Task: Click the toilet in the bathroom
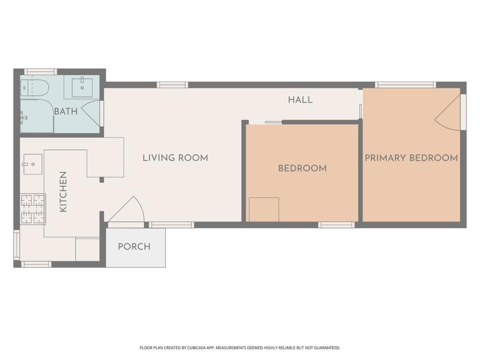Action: pyautogui.click(x=36, y=88)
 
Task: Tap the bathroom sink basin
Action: pyautogui.click(x=82, y=88)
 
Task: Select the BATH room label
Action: pyautogui.click(x=66, y=112)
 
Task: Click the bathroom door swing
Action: pyautogui.click(x=92, y=113)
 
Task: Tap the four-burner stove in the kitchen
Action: pyautogui.click(x=33, y=209)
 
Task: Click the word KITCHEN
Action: pyautogui.click(x=63, y=192)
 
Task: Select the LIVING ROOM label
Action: pyautogui.click(x=175, y=158)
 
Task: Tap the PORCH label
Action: pyautogui.click(x=134, y=247)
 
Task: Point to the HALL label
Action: pyautogui.click(x=300, y=100)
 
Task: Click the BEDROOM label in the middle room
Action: pyautogui.click(x=302, y=168)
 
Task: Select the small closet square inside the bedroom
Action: pyautogui.click(x=264, y=210)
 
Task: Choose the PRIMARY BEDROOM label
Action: pyautogui.click(x=411, y=158)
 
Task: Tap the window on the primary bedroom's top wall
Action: pyautogui.click(x=405, y=85)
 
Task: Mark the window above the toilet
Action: pyautogui.click(x=41, y=72)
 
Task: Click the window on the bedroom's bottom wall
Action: pyautogui.click(x=336, y=225)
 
